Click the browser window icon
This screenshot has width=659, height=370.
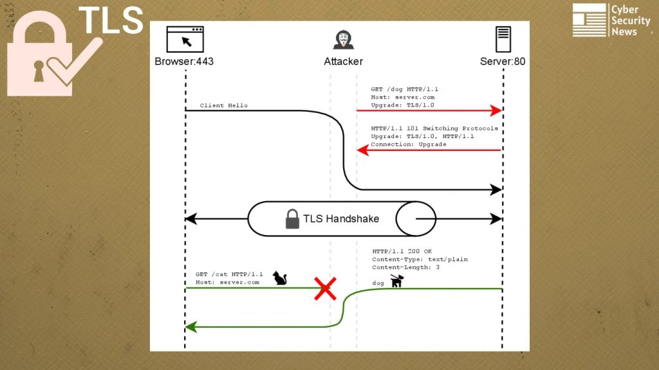(185, 39)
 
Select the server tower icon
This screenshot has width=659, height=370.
(503, 39)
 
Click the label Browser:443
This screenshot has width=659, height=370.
(184, 61)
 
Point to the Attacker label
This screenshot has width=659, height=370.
(344, 61)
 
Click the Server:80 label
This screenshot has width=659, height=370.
(503, 61)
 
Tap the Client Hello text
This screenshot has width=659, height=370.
(223, 105)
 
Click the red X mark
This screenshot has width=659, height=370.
(325, 288)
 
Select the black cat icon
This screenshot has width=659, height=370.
(280, 278)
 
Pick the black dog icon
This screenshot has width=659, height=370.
(396, 281)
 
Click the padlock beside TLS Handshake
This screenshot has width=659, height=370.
(292, 219)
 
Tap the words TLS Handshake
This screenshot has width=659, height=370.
(341, 218)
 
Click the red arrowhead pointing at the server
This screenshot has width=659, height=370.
(496, 110)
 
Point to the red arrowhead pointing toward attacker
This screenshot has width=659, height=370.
(363, 150)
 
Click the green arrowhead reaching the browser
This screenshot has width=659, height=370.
(191, 327)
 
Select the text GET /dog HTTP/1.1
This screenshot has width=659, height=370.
(404, 89)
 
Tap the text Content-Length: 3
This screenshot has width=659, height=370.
(405, 267)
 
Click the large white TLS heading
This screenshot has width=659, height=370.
(111, 20)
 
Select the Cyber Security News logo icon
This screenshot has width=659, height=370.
(589, 20)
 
